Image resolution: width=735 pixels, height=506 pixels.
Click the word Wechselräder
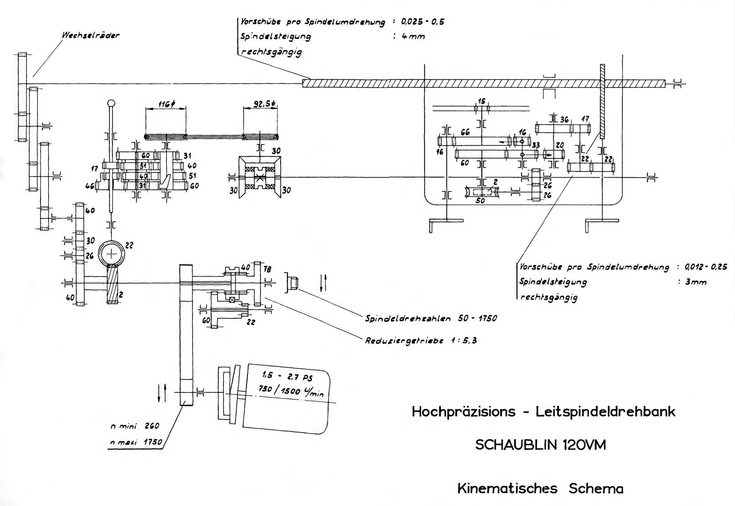pos(90,36)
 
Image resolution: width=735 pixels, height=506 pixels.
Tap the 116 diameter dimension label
pos(166,104)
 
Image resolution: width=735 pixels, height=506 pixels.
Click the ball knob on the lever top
pos(111,103)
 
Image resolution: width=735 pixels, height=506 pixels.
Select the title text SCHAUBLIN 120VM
pos(540,445)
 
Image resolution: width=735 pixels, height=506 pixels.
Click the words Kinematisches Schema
pos(540,488)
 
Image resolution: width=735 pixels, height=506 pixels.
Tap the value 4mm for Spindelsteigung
pos(413,36)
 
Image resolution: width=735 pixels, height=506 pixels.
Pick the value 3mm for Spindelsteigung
pos(696,282)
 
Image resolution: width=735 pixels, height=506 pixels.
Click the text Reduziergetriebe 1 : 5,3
pos(421,341)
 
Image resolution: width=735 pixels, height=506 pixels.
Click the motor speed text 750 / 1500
pos(279,389)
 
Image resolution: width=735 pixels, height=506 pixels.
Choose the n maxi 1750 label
pos(136,442)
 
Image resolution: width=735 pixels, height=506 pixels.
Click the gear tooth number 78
pos(268,269)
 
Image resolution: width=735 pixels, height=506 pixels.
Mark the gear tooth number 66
pos(465,132)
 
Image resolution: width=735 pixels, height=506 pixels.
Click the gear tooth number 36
pos(564,120)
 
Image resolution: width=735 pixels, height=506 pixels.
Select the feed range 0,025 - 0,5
pos(423,22)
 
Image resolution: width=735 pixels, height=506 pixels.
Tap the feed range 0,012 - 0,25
pos(706,267)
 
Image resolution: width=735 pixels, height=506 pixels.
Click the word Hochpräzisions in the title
pos(463,411)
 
